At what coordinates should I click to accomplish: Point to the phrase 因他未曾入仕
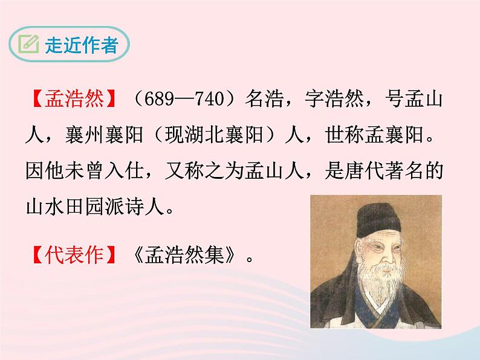82,172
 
